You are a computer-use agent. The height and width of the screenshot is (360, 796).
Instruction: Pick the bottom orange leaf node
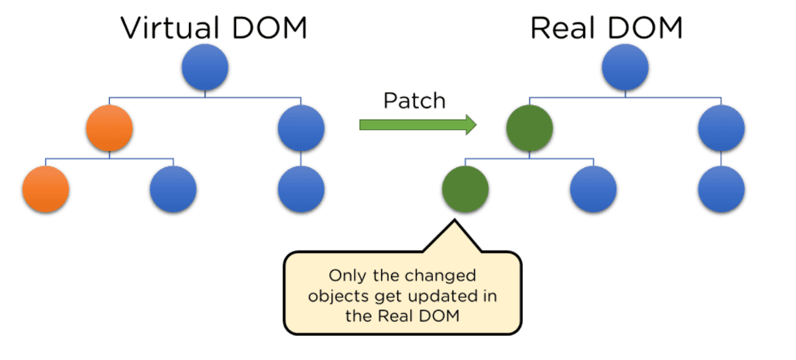click(x=46, y=189)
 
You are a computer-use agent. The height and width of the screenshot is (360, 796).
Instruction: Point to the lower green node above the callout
click(x=465, y=189)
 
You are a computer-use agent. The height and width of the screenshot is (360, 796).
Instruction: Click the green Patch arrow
click(x=417, y=124)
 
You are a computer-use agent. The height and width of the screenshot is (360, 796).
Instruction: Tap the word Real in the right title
click(x=563, y=28)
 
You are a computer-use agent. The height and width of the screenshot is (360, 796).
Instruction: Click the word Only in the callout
click(x=346, y=275)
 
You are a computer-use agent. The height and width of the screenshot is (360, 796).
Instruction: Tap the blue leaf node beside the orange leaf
click(x=173, y=189)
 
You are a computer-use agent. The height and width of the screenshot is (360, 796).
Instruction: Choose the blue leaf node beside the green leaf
click(x=593, y=189)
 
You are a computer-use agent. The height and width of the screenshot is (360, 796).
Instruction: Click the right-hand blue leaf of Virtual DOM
click(x=300, y=189)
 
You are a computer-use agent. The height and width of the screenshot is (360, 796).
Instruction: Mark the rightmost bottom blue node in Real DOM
click(x=721, y=189)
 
